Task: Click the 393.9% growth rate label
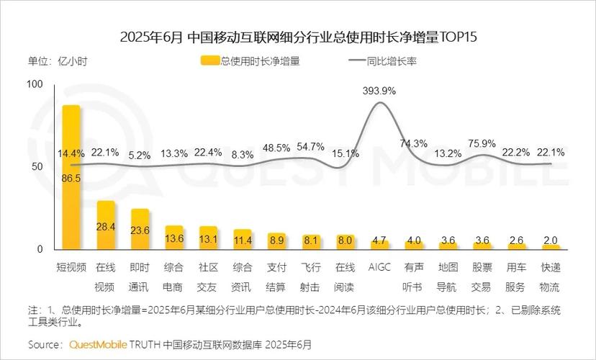pos(379,91)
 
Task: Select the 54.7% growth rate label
pos(310,147)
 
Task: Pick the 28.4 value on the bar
pos(107,227)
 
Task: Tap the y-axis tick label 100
pos(35,84)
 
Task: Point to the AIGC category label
pos(379,267)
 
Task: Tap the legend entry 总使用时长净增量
pos(251,61)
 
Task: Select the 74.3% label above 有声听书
pos(414,143)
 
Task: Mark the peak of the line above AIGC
pos(379,102)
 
